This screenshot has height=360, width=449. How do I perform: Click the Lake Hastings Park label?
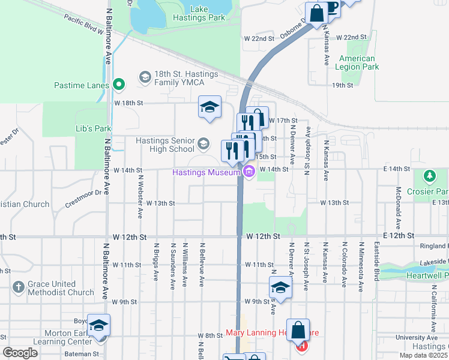(207, 13)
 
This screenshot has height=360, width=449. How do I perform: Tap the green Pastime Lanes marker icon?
(119, 85)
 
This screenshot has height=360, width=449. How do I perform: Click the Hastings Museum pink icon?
(249, 173)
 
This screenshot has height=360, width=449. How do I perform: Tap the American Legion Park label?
(359, 63)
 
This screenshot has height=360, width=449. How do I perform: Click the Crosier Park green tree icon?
(429, 176)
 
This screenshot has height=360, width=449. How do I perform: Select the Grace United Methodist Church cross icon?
(18, 287)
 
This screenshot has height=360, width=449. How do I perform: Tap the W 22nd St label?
(259, 38)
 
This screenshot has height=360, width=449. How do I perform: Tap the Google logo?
(20, 353)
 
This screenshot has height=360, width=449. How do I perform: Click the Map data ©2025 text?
(423, 355)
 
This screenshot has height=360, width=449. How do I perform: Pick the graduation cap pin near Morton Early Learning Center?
(99, 326)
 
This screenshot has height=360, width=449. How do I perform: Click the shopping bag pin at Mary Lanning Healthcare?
(298, 330)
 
